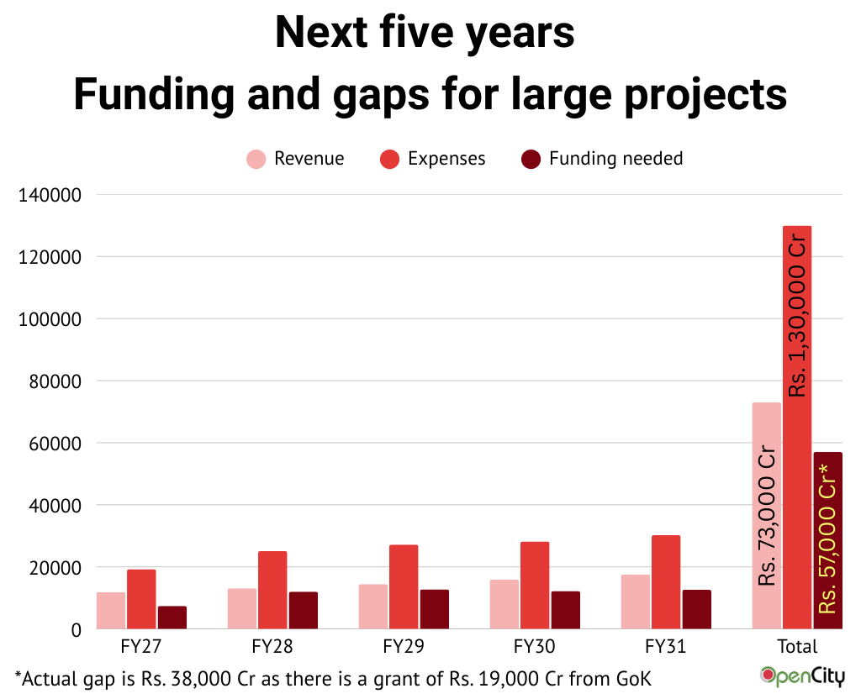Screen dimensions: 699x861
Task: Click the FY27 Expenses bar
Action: coord(141,599)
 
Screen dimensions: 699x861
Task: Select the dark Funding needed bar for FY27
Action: coord(172,618)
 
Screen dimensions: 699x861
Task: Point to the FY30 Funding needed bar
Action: coord(566,610)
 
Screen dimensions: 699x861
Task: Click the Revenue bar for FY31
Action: coord(635,602)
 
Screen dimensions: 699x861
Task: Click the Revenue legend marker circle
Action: coord(256,159)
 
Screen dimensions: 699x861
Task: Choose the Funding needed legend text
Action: coord(615,159)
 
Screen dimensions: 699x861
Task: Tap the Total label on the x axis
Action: coord(797,647)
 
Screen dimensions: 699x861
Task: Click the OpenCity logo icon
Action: coord(768,674)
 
